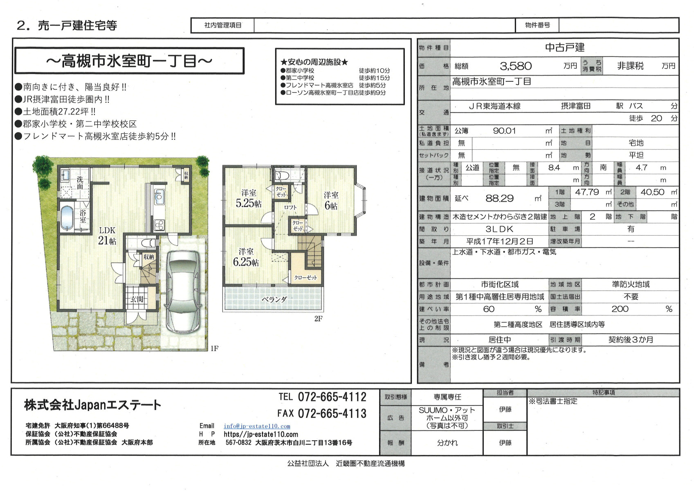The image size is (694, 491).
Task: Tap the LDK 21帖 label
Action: (107, 235)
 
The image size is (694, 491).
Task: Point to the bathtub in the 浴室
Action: (67, 218)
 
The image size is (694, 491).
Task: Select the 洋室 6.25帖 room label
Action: (246, 257)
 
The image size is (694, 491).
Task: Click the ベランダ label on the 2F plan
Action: (274, 300)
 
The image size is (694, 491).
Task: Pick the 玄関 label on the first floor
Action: (137, 299)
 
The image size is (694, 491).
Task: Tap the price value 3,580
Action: (516, 66)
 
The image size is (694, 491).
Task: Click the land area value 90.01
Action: (504, 131)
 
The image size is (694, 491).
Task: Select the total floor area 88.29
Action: (499, 198)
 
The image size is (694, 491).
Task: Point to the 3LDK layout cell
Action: (499, 229)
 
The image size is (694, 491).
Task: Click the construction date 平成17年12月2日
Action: (500, 241)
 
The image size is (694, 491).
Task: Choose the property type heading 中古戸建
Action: (564, 47)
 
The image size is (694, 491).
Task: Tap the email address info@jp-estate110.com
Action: (257, 426)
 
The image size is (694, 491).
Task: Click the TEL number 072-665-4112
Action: (332, 397)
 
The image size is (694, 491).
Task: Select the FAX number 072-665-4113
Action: (332, 414)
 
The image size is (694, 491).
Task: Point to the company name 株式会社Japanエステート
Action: (93, 405)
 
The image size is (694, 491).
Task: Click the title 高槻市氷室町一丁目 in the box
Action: (129, 61)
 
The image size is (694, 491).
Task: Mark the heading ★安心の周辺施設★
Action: (314, 62)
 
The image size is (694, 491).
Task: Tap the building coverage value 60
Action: (489, 309)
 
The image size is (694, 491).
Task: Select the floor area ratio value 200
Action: (620, 309)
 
